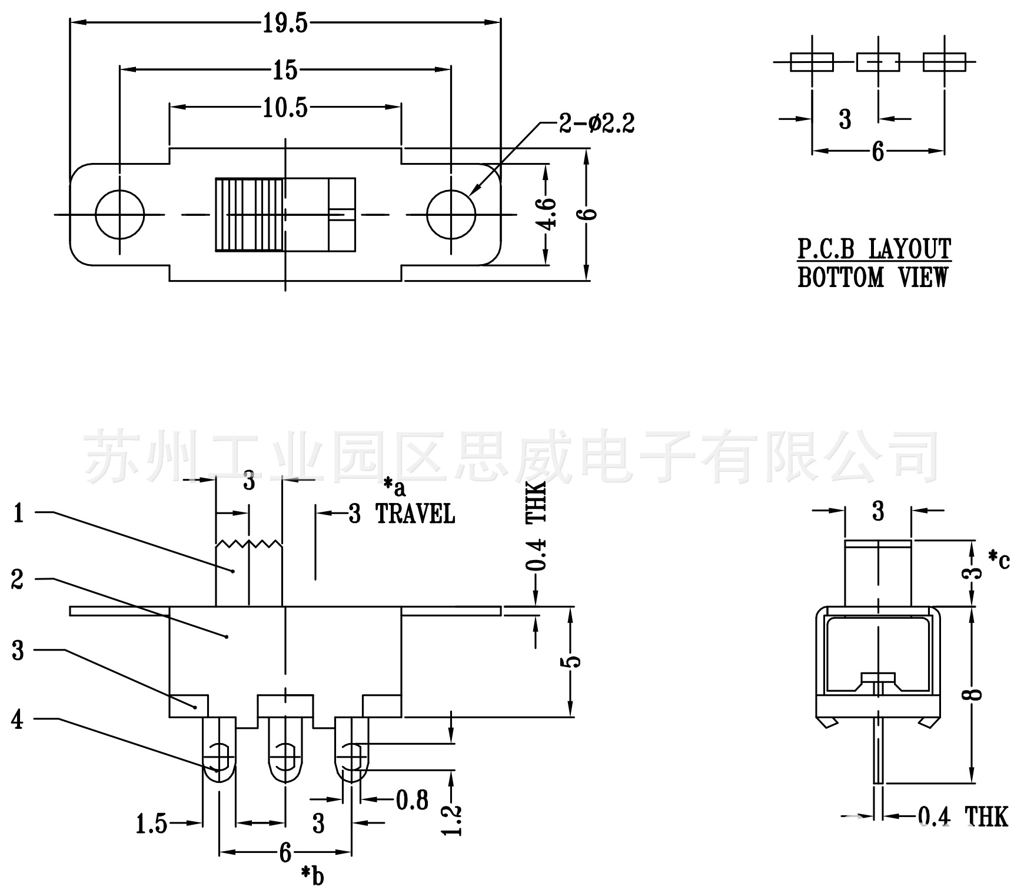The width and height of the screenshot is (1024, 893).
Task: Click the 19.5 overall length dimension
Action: pos(285,23)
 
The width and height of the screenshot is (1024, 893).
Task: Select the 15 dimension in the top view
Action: pos(285,71)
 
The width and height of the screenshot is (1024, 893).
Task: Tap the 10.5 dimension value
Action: pos(285,108)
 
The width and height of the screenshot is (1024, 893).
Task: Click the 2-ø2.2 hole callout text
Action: pos(596,124)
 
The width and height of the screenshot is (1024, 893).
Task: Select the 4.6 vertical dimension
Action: pos(547,214)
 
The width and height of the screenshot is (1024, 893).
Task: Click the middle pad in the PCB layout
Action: pos(877,62)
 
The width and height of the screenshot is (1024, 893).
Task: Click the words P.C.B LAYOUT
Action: pos(874,249)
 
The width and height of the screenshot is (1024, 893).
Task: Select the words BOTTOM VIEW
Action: pos(873,277)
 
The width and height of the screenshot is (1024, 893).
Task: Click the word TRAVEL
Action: pos(415,514)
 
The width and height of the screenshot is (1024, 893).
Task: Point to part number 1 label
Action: pos(19,514)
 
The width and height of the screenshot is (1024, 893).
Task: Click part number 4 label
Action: pos(18,719)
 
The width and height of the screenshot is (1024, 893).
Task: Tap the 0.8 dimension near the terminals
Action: pos(412,800)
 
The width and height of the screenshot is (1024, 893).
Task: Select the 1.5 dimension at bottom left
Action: pos(151,824)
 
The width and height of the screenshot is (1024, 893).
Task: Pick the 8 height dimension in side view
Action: pos(975,694)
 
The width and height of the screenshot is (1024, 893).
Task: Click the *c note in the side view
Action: pos(999,559)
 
